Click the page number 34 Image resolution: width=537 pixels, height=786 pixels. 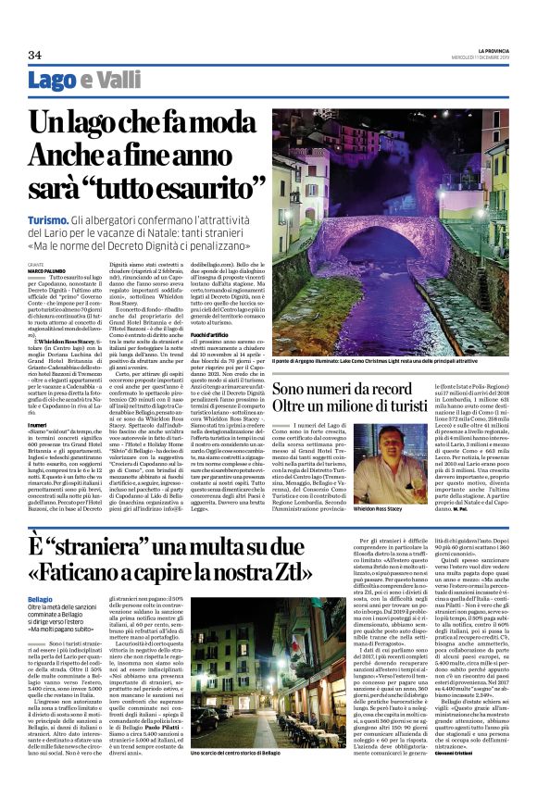pos(34,55)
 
